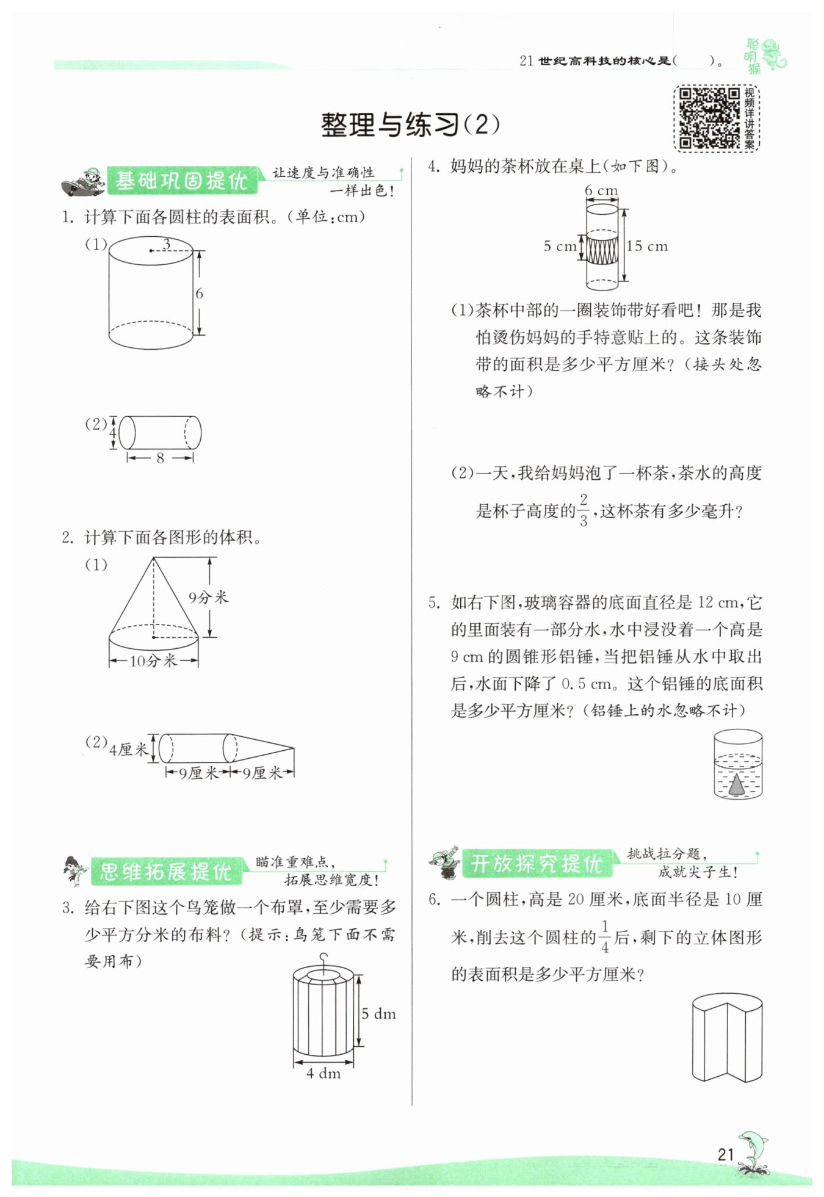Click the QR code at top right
pos(709,118)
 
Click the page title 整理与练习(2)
pos(410,125)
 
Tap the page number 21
pos(725,1154)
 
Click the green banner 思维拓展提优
pos(165,872)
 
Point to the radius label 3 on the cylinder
pos(167,244)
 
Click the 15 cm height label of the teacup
pos(648,246)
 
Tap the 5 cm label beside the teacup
pos(560,246)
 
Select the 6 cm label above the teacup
pos(601,190)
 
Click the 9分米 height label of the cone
pos(208,597)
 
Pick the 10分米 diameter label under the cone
pos(153,660)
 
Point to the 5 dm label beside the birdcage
pos(378,1014)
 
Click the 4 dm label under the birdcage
pos(323,1073)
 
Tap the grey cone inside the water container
pos(737,784)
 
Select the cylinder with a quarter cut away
pos(727,1037)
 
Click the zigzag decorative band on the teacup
pos(602,250)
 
